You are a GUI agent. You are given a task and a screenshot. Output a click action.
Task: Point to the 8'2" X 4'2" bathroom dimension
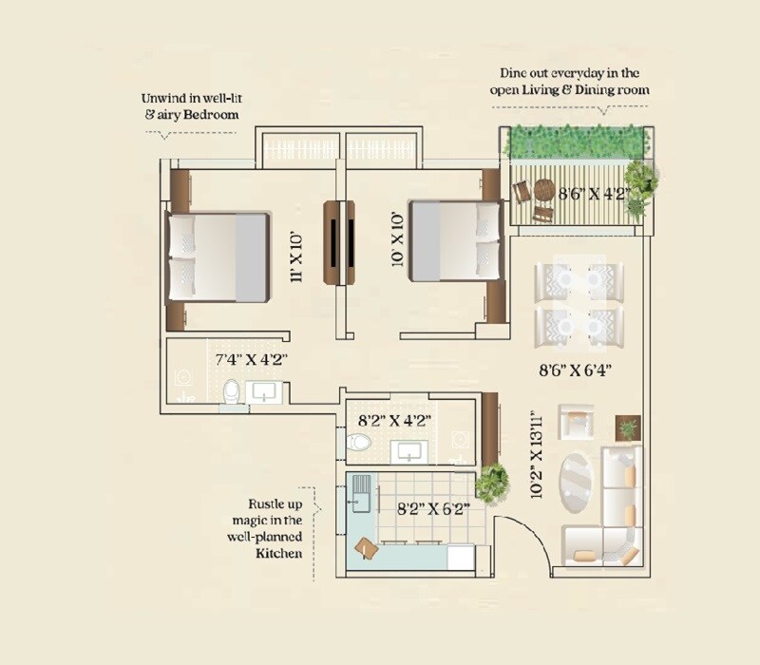pos(394,417)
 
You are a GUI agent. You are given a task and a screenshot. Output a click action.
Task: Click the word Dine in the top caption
pos(518,73)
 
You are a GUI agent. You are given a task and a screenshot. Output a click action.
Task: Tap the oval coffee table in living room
pos(579,481)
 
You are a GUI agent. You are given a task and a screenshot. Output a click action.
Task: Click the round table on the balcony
pos(543,190)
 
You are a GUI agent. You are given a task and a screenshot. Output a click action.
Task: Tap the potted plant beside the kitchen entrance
pos(491,483)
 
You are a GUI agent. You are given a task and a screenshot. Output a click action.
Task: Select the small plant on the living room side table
pos(628,429)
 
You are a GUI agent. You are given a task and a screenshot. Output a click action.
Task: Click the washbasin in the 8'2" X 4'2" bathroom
pos(410,450)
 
